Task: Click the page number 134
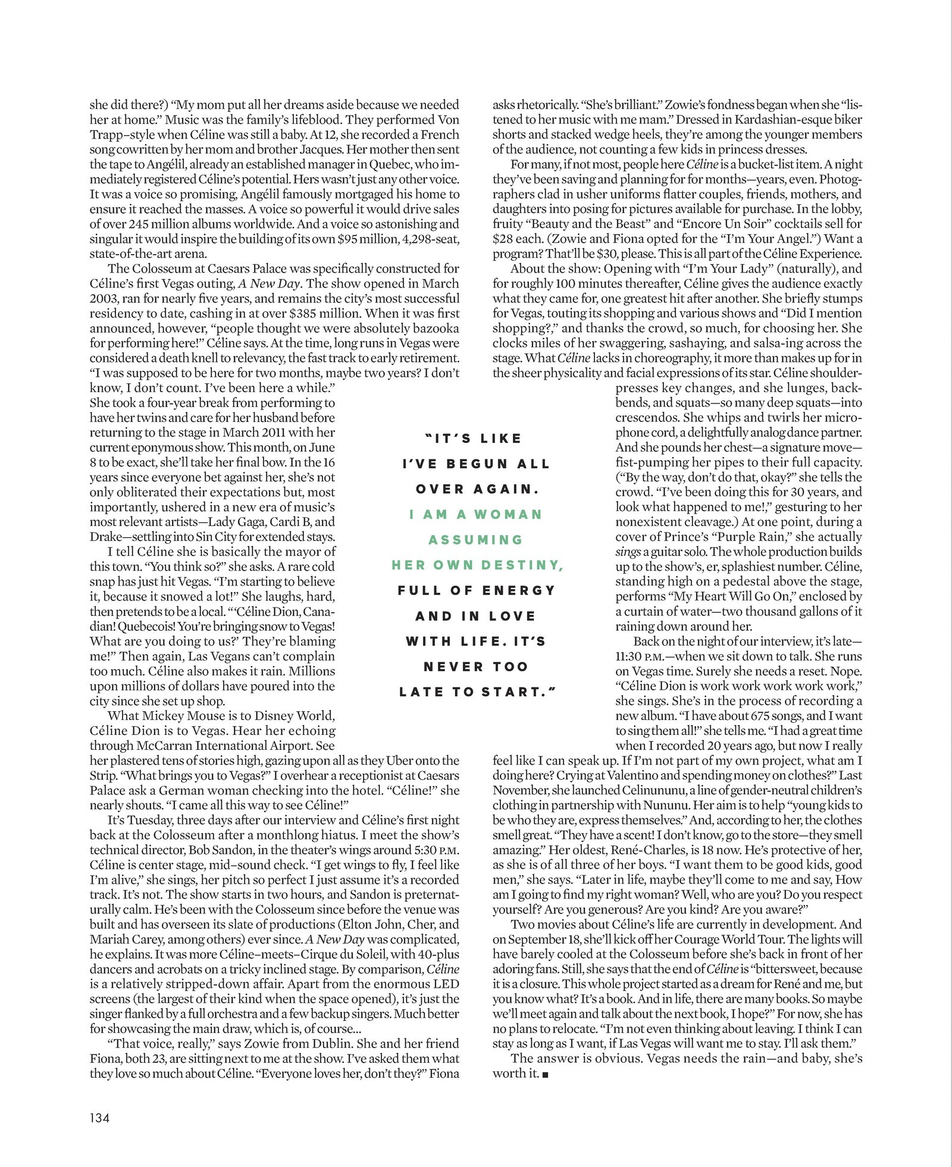point(100,1118)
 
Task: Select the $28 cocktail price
point(504,239)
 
